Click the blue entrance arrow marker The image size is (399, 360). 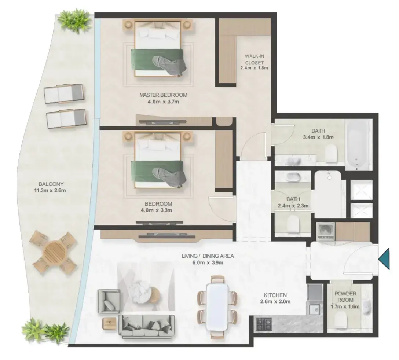click(385, 259)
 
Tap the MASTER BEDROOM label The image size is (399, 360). click(163, 95)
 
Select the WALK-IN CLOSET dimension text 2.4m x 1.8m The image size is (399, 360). click(254, 68)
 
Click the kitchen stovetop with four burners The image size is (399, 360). click(264, 324)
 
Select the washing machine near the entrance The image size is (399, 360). click(326, 232)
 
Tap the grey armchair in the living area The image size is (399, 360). click(109, 301)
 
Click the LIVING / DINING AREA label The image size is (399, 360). click(208, 256)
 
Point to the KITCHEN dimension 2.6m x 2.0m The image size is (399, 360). click(275, 302)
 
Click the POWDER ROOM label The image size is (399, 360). click(345, 297)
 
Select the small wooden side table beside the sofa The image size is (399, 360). click(110, 323)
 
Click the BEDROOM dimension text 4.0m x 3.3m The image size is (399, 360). click(156, 210)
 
